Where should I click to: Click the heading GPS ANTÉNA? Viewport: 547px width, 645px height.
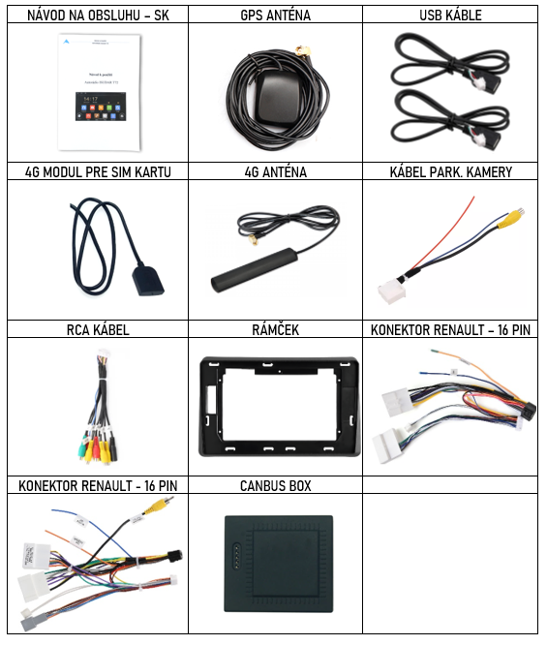coord(275,15)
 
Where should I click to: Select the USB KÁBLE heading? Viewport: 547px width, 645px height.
coord(450,15)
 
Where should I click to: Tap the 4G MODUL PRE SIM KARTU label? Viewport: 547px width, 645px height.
coord(98,172)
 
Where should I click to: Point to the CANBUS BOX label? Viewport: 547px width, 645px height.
coord(275,486)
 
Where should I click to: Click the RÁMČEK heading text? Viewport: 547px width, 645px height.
coord(275,329)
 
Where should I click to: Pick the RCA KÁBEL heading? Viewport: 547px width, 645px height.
coord(98,330)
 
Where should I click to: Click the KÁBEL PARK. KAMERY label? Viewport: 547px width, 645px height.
coord(451,172)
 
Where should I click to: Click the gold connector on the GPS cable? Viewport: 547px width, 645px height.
coord(303,52)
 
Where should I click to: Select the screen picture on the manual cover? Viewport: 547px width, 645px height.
coord(101,107)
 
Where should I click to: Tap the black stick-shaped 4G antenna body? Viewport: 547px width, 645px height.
coord(254,270)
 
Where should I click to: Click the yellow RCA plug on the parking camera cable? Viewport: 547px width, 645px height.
coord(511,218)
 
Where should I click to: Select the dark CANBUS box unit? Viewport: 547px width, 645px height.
coord(279,564)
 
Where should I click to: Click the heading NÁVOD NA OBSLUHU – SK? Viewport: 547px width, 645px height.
coord(98,15)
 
